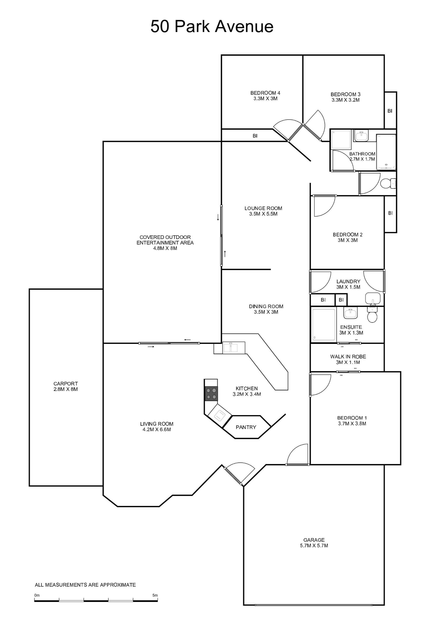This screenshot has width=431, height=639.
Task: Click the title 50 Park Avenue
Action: pyautogui.click(x=212, y=27)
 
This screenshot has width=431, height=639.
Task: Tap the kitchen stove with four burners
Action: pyautogui.click(x=211, y=394)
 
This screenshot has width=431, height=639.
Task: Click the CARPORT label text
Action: pyautogui.click(x=66, y=384)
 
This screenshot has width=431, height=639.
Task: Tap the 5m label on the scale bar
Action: pyautogui.click(x=155, y=595)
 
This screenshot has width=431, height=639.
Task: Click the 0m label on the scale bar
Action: pyautogui.click(x=37, y=595)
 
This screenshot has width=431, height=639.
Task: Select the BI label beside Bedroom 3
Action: pyautogui.click(x=390, y=111)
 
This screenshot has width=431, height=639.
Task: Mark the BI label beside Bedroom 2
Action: pyautogui.click(x=390, y=213)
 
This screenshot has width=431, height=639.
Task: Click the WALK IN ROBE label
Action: pyautogui.click(x=348, y=357)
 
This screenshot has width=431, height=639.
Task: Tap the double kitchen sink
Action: pyautogui.click(x=231, y=348)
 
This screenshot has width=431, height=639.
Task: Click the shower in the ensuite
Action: pyautogui.click(x=324, y=324)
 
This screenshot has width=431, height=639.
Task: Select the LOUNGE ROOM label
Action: pyautogui.click(x=263, y=209)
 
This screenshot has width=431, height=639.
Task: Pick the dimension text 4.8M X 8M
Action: pyautogui.click(x=165, y=248)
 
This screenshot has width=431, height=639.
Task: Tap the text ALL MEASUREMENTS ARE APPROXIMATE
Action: pyautogui.click(x=85, y=585)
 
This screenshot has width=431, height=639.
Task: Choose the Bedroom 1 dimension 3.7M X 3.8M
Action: pyautogui.click(x=352, y=423)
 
